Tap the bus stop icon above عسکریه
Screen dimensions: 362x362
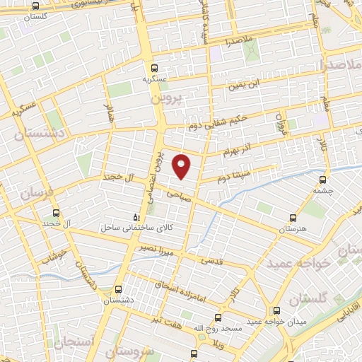[x=154, y=68]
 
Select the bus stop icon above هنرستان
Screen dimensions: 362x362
[x=293, y=218]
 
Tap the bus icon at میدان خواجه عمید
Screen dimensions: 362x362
[x=275, y=312]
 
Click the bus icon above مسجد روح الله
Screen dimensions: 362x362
[x=217, y=317]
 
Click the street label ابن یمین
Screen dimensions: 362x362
[x=244, y=86]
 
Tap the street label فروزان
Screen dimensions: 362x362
[x=281, y=124]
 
